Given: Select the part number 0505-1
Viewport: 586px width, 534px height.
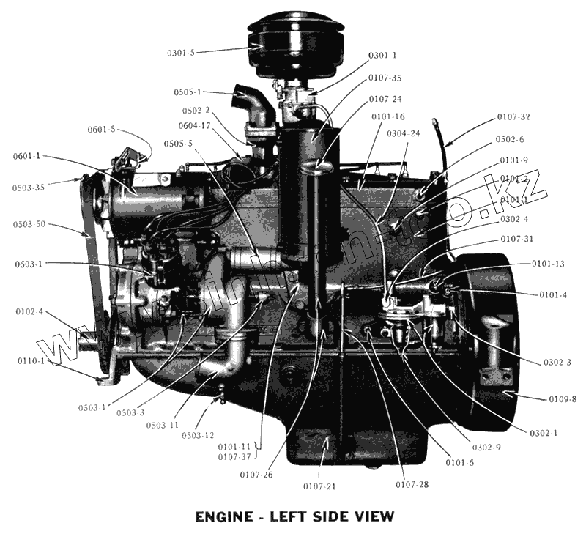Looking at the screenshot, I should (x=188, y=92).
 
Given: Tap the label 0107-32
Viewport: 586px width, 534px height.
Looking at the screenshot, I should (x=513, y=116).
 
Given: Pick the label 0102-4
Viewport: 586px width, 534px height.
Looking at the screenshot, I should (x=29, y=311).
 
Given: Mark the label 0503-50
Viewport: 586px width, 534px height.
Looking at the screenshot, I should (x=29, y=223).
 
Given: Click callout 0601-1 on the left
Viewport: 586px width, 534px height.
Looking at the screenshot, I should (x=27, y=156).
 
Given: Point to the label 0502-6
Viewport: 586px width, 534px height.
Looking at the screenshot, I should (x=511, y=138).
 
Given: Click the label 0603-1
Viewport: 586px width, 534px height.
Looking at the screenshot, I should (x=29, y=263).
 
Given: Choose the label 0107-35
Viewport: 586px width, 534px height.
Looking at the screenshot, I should (x=385, y=78).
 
